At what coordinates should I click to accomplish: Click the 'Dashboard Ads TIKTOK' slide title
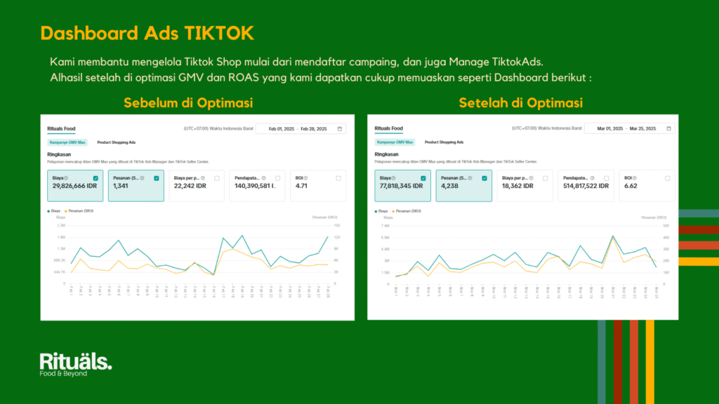147,33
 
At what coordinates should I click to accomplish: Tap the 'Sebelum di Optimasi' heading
188,103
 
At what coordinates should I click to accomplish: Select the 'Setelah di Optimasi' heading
520,103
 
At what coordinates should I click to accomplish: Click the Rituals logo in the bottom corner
75,364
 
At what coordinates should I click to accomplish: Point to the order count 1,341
121,187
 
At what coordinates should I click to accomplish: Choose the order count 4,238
449,187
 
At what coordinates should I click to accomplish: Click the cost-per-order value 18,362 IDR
517,187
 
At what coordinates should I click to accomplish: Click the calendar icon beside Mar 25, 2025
668,129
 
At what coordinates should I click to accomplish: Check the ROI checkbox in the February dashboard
338,178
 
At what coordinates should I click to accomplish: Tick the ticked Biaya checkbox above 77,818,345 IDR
423,178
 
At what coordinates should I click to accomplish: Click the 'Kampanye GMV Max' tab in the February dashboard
68,142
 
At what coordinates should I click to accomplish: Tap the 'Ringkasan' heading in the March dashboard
387,154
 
